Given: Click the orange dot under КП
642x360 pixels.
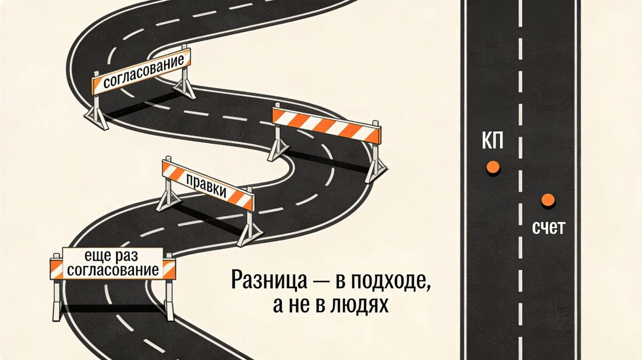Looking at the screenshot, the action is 493,167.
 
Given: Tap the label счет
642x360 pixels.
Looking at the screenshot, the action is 548,228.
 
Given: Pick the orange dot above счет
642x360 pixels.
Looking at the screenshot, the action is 547,200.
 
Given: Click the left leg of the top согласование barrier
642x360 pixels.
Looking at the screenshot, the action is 97,110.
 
